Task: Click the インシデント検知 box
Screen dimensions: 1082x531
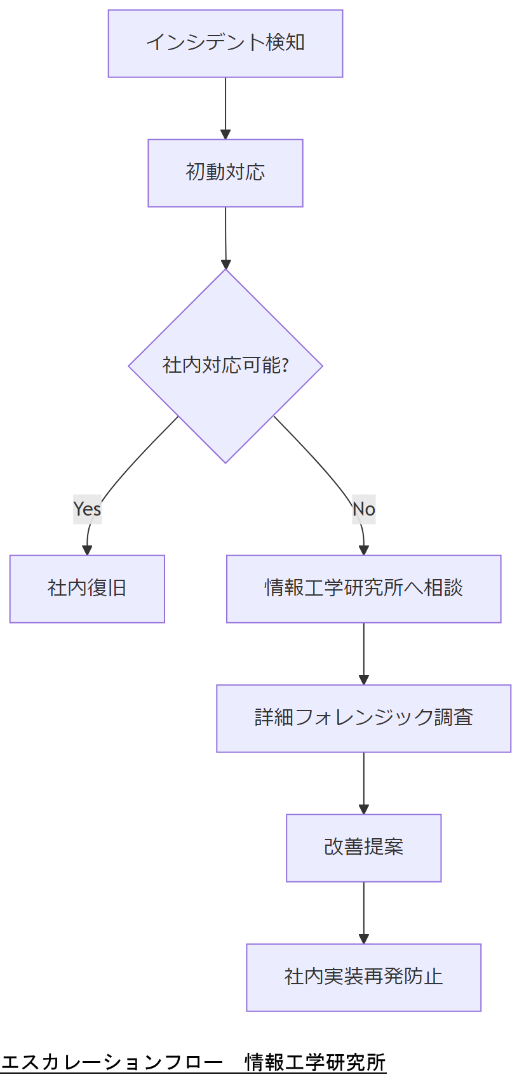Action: point(225,43)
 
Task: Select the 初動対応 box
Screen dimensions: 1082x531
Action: point(225,173)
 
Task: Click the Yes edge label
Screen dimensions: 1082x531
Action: point(87,509)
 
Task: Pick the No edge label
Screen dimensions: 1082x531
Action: point(364,509)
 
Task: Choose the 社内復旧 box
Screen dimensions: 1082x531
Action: point(87,589)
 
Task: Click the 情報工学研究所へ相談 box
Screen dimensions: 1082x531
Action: point(363,589)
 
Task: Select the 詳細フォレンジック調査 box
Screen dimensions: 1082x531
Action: point(363,718)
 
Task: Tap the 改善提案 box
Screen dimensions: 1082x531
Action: point(363,848)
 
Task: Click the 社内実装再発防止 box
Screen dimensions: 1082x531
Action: point(363,977)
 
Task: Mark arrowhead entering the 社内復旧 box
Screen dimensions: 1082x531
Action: point(88,550)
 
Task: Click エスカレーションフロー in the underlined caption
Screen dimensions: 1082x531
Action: point(112,1062)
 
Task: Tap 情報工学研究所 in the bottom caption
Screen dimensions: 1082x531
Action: point(315,1062)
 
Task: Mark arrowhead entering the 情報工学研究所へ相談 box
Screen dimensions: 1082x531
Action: point(364,550)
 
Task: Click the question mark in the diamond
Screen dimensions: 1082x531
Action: point(285,366)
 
